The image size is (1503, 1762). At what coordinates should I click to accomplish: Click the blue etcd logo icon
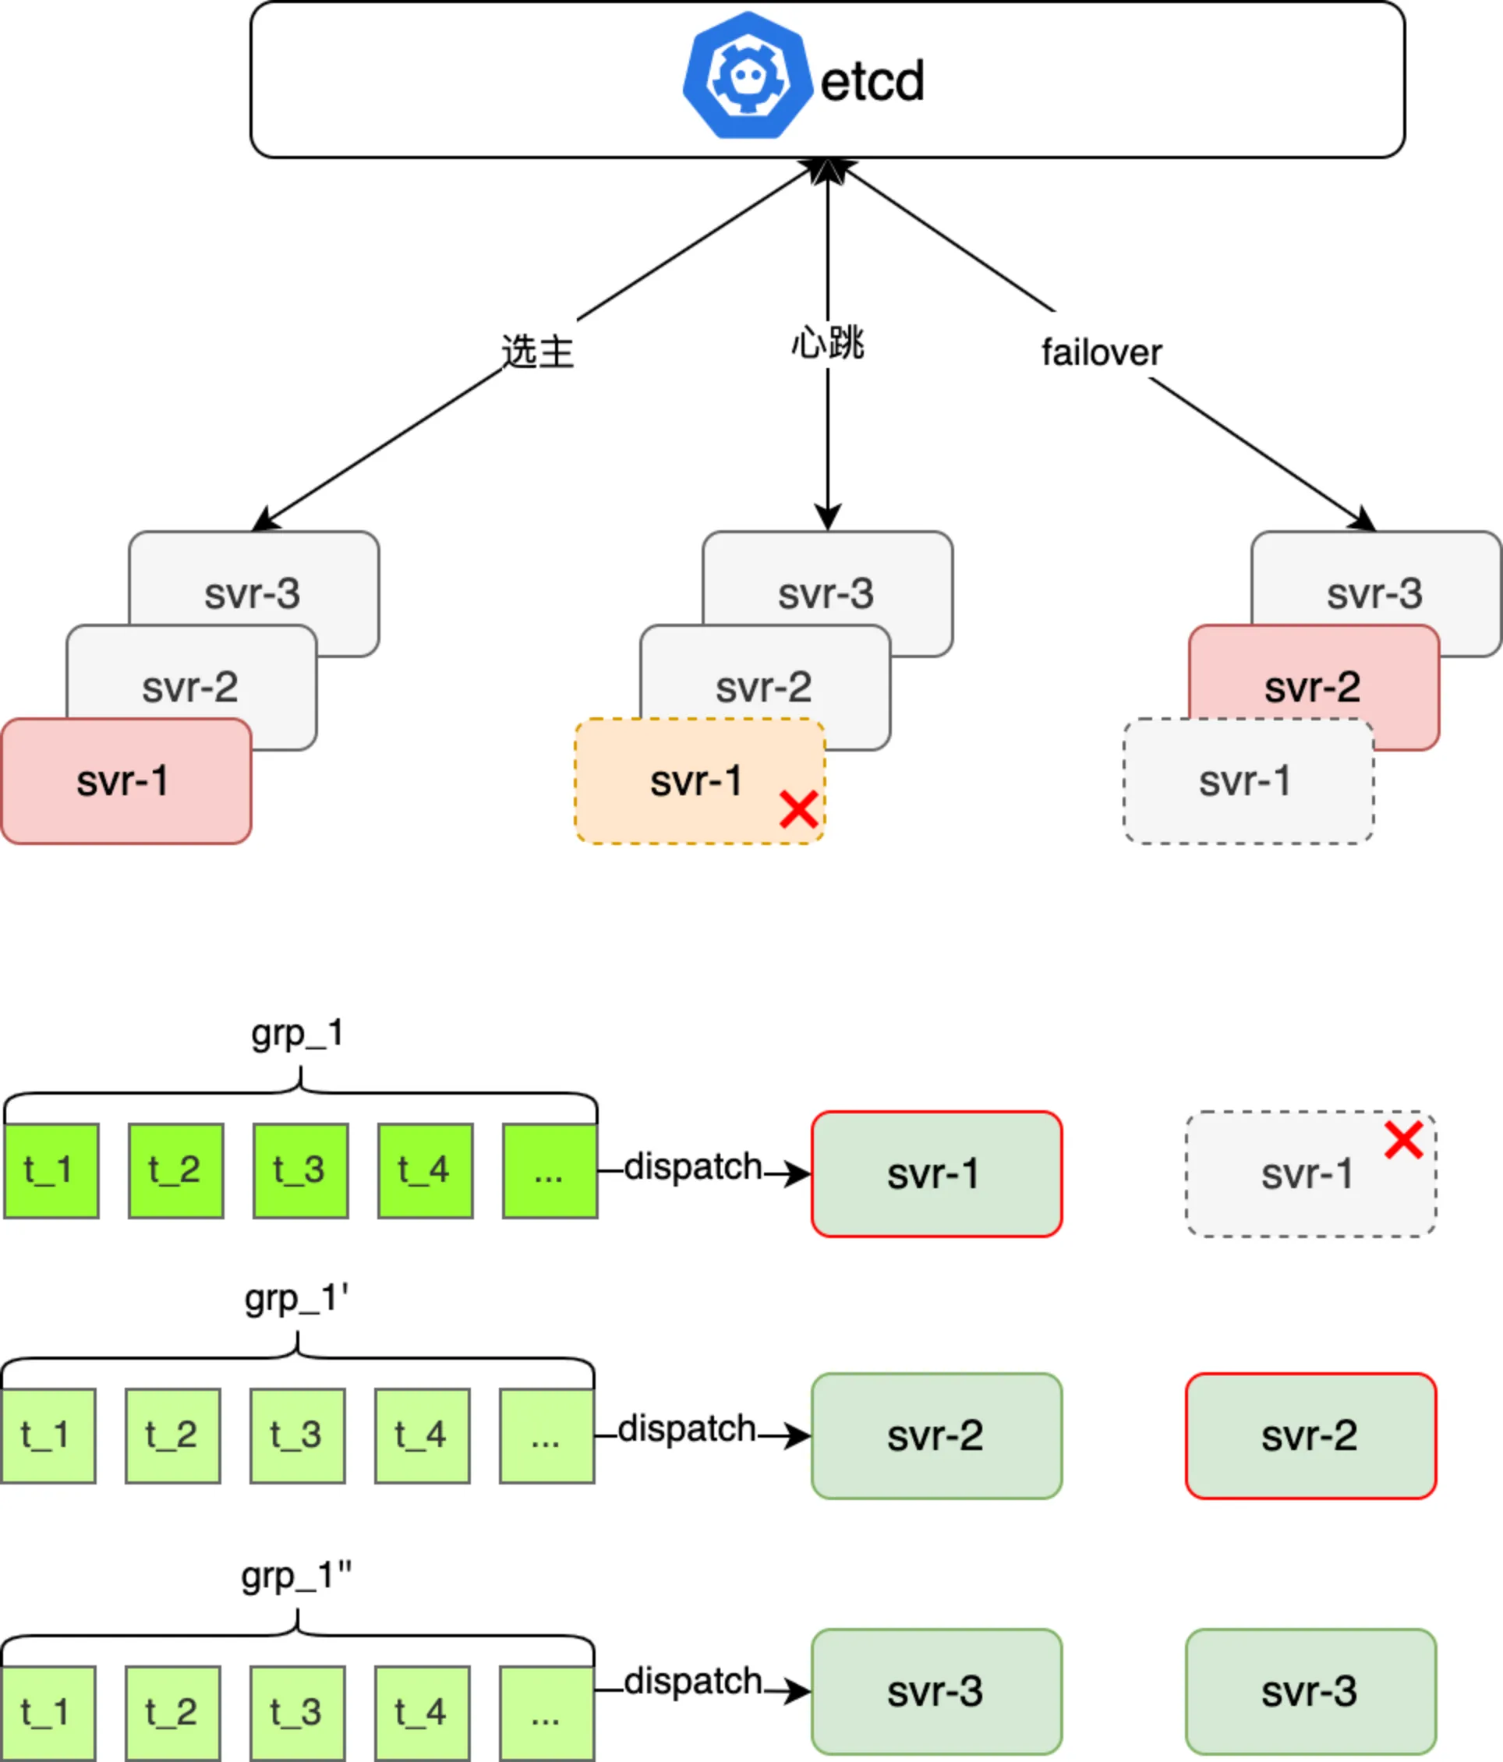748,75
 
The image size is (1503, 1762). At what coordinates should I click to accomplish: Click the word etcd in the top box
872,82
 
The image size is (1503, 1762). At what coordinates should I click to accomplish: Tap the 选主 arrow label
537,350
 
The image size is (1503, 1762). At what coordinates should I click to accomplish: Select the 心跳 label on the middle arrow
827,343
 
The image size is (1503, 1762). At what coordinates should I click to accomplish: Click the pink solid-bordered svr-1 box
126,780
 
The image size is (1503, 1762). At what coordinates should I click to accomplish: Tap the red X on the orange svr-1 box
799,809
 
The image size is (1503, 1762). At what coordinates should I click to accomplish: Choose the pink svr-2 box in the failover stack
1314,687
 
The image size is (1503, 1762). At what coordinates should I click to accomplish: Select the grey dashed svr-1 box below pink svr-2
1249,780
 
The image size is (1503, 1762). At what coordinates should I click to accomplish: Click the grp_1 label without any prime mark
298,1034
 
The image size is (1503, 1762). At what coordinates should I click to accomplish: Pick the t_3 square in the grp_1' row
298,1436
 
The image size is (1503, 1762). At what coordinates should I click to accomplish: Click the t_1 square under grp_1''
48,1713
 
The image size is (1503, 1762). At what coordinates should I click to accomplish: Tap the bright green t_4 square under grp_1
425,1171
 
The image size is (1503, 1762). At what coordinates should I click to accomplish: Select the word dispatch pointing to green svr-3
693,1681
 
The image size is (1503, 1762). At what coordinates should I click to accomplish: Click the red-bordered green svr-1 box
937,1173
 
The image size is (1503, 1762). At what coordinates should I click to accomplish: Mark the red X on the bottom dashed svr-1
1403,1141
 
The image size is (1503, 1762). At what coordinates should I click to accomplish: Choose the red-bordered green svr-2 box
1311,1435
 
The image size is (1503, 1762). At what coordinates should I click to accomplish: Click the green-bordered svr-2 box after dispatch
937,1435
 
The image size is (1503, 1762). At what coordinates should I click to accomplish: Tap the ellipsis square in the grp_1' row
546,1436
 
